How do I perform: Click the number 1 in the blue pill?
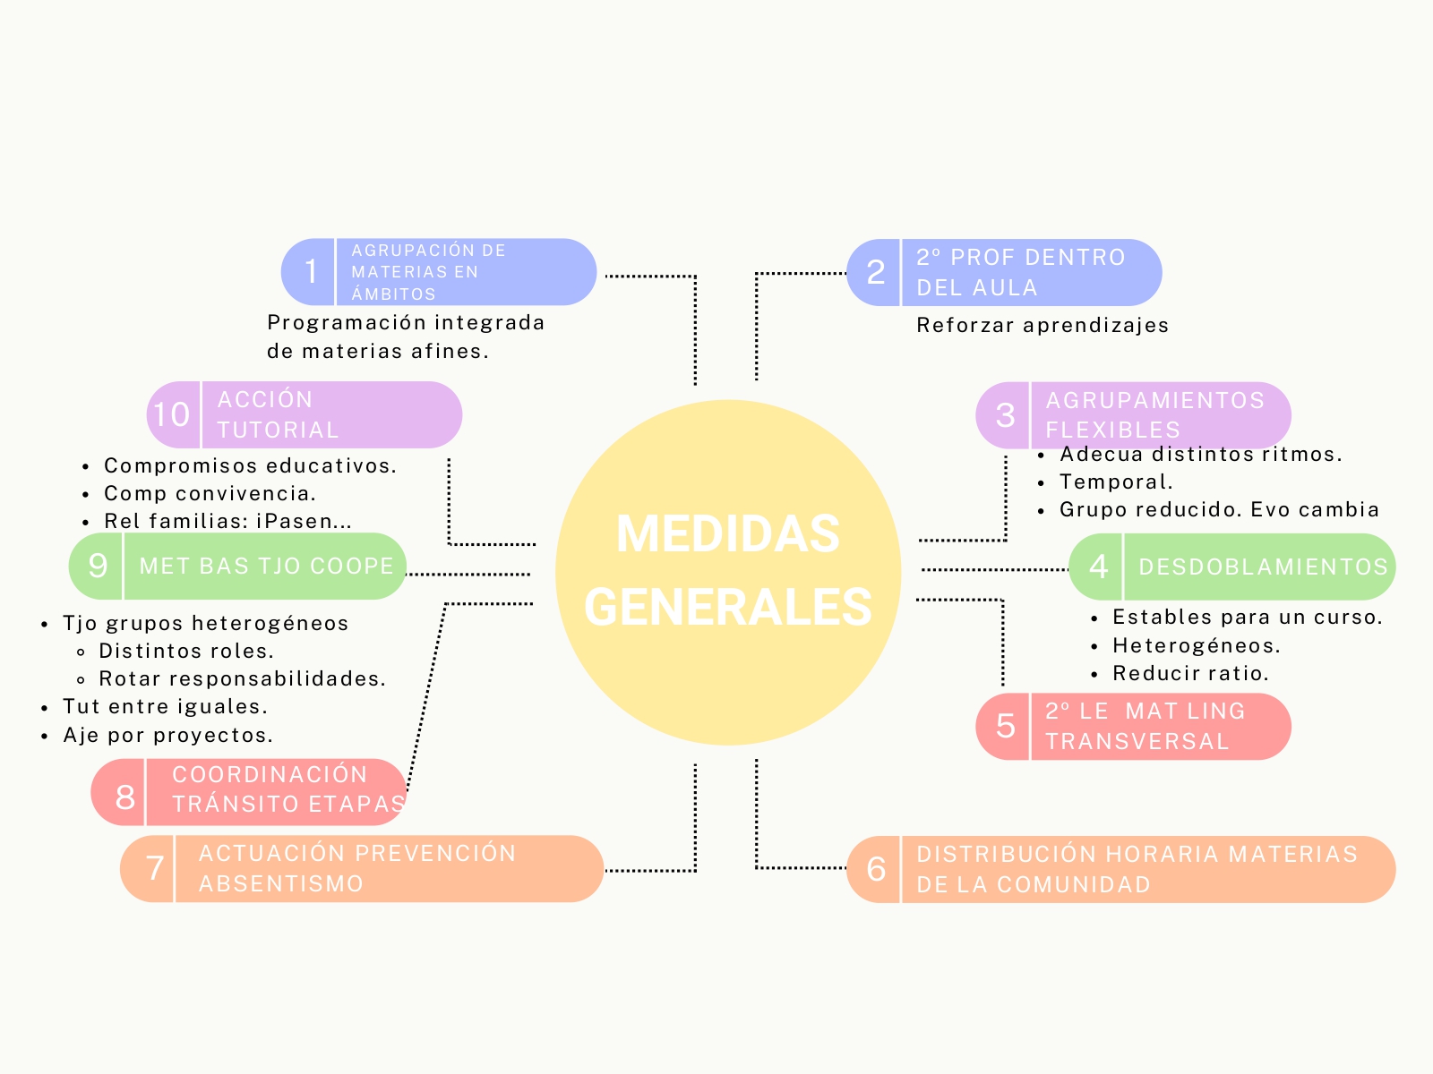311,271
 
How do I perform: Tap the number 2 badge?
876,272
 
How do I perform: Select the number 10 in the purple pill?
172,414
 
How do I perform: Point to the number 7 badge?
155,868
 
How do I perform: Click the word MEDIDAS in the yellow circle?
727,534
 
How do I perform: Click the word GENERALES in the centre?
727,607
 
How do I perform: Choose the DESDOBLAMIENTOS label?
1263,567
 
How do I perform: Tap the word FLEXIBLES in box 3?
1112,430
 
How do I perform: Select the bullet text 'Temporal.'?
1116,482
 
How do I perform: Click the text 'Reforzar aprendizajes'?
1043,325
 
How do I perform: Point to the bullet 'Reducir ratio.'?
1190,673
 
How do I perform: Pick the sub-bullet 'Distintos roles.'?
186,651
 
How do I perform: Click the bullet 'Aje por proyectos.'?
167,735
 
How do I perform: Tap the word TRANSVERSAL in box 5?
1137,741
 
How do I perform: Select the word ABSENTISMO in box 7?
281,883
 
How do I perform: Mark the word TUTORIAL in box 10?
278,430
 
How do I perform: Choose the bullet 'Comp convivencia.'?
210,493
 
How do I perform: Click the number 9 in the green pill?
98,566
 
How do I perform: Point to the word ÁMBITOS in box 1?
393,294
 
